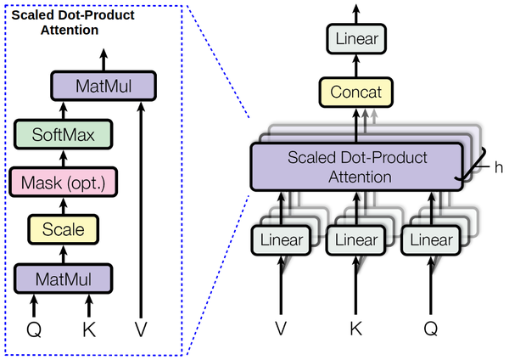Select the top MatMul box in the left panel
click(x=103, y=85)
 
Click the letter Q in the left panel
click(x=35, y=327)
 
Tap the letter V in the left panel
click(x=142, y=327)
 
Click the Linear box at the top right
click(x=357, y=39)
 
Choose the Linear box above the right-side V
click(x=281, y=240)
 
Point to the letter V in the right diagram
click(x=281, y=327)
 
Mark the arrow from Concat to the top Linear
click(x=357, y=65)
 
